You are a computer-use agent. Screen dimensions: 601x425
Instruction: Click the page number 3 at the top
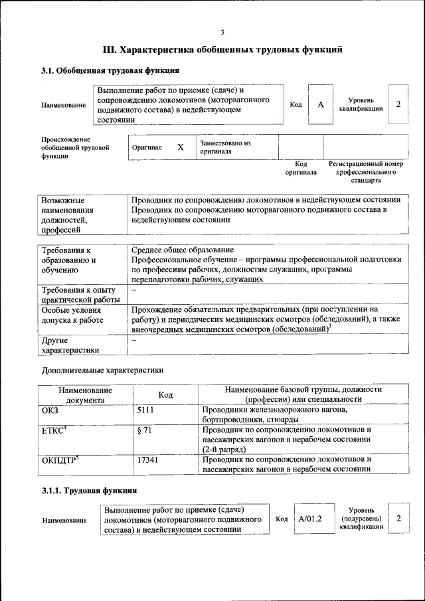222,32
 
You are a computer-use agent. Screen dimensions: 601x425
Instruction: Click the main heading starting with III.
222,49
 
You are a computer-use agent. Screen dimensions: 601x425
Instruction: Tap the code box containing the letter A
320,105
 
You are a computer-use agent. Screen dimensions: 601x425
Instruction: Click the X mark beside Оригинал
180,147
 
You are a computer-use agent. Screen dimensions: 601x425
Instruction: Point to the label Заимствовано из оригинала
225,147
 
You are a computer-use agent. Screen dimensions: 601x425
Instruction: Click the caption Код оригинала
301,168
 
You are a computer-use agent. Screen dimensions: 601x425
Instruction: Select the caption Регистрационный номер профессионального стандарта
365,171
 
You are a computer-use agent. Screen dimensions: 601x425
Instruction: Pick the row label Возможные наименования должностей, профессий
68,215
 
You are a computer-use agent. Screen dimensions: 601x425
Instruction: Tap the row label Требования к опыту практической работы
78,295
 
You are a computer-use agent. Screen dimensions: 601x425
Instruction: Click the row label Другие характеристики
70,345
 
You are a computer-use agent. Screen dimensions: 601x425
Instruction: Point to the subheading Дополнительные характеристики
102,370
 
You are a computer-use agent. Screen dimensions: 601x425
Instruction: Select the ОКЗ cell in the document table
50,411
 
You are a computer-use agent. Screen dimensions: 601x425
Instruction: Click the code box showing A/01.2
310,519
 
